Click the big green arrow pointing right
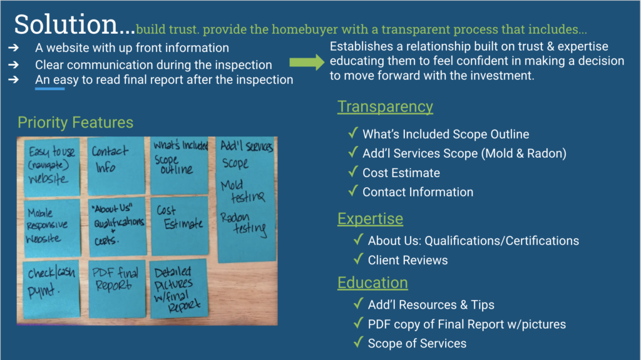[x=307, y=62]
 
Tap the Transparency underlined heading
[x=385, y=107]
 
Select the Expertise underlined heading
[x=371, y=219]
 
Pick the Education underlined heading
[x=372, y=283]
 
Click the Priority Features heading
[x=75, y=123]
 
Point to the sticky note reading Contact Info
[x=116, y=165]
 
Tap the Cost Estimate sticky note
[x=180, y=226]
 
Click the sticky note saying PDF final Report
[x=117, y=289]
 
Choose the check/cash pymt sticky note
[x=51, y=289]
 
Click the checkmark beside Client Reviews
[x=359, y=259]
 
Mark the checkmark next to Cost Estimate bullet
[x=353, y=172]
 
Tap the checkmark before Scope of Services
[x=359, y=342]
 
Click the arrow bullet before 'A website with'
[x=14, y=48]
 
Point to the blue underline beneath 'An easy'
[x=50, y=89]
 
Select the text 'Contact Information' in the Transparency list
[x=418, y=192]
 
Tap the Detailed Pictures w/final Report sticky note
[x=178, y=289]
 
